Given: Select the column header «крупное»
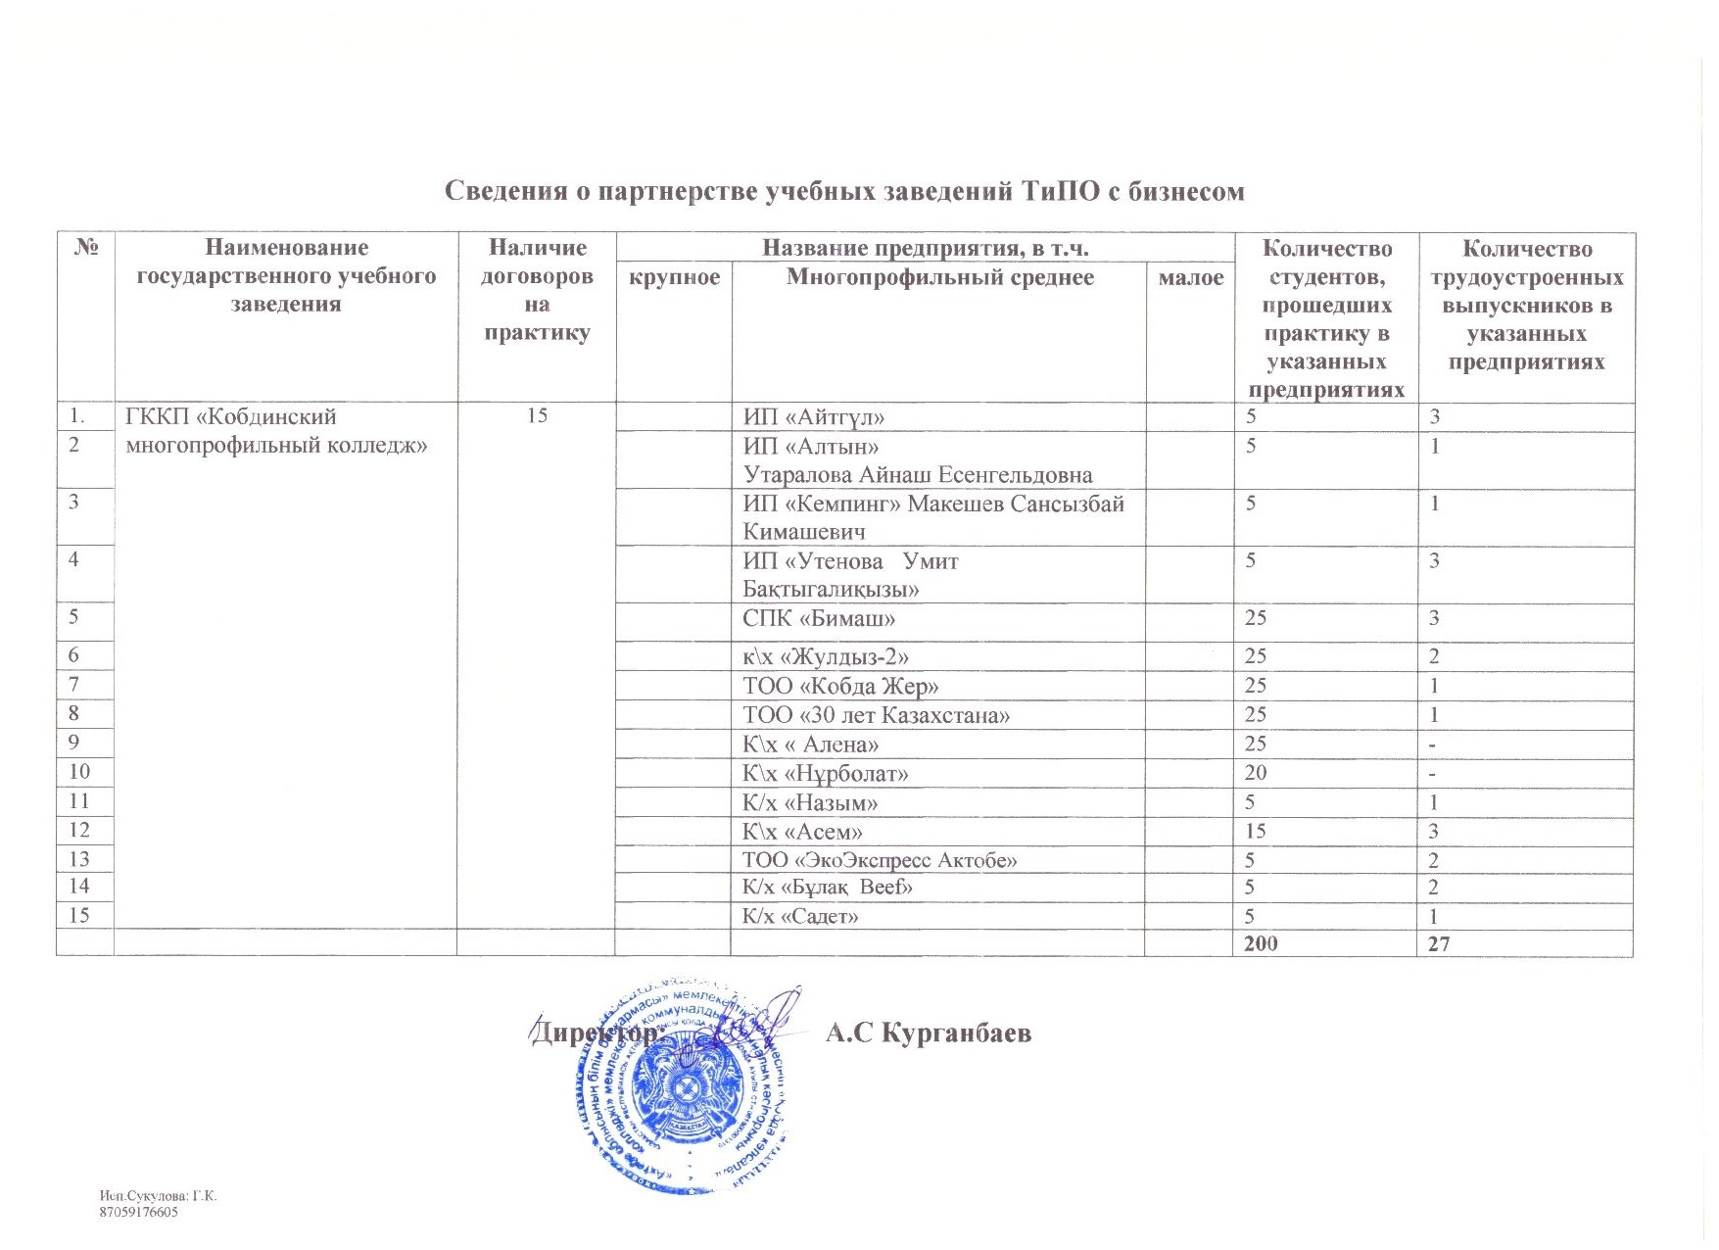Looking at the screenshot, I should tap(674, 278).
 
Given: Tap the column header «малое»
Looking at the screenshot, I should tap(1190, 278).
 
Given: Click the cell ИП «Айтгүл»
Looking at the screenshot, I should tap(814, 417).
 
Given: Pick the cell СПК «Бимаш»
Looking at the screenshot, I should tap(819, 619).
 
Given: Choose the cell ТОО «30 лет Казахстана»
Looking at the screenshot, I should tap(877, 715).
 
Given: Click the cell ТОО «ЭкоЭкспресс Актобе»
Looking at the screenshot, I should tap(880, 860).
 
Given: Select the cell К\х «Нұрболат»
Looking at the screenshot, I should tap(826, 774).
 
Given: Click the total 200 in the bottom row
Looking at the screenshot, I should tap(1260, 943).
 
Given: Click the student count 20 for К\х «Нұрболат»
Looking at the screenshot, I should tap(1255, 773).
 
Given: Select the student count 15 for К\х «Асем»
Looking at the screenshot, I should tap(1255, 831).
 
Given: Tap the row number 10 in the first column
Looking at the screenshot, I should tap(79, 773).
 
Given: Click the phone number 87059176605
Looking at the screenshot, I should tap(139, 1213).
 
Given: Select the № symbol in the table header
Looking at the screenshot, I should tap(86, 248).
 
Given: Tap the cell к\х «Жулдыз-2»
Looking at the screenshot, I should tap(833, 656).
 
